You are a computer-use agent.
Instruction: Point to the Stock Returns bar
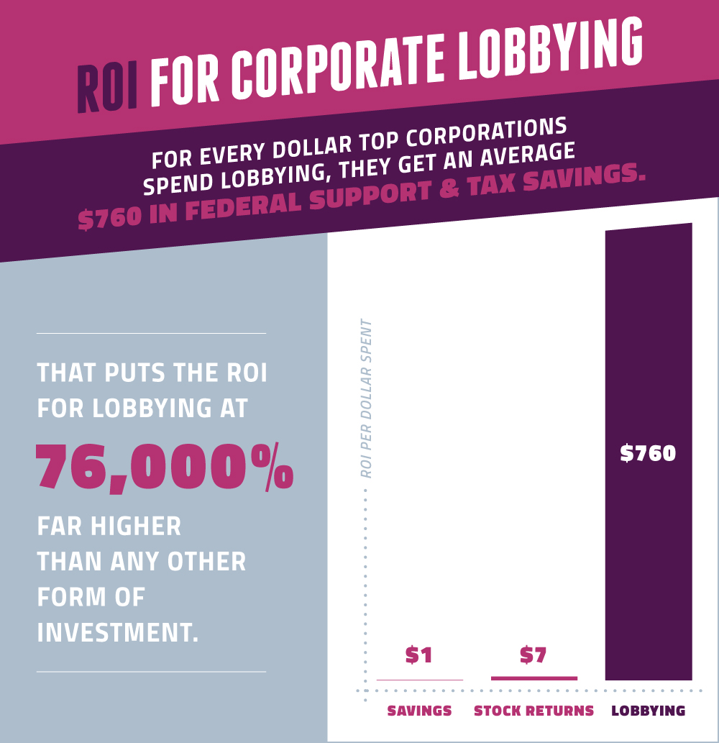pyautogui.click(x=533, y=678)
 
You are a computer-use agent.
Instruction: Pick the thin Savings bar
pyautogui.click(x=419, y=680)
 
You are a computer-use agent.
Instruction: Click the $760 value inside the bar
pyautogui.click(x=648, y=453)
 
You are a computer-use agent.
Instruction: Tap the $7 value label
pyautogui.click(x=533, y=655)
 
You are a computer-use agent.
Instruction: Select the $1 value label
pyautogui.click(x=419, y=655)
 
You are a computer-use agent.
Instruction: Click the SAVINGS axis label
pyautogui.click(x=419, y=711)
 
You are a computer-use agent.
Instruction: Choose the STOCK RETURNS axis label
pyautogui.click(x=533, y=711)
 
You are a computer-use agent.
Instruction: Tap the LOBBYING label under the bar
pyautogui.click(x=648, y=711)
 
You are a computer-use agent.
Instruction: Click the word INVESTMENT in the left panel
pyautogui.click(x=117, y=632)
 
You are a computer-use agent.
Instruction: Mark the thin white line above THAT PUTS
pyautogui.click(x=151, y=333)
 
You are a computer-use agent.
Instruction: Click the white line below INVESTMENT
pyautogui.click(x=151, y=672)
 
